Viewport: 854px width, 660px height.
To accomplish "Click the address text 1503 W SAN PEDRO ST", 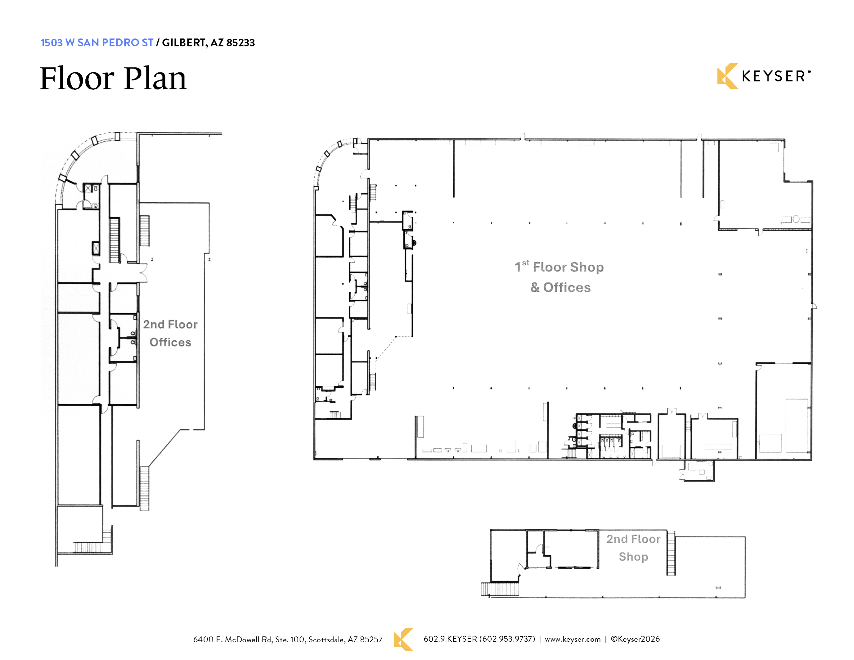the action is tap(97, 43).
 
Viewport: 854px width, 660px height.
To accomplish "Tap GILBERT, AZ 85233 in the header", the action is tap(208, 43).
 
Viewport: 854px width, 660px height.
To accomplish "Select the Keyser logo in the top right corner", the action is tap(764, 76).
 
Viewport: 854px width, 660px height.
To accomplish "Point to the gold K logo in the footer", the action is tap(403, 640).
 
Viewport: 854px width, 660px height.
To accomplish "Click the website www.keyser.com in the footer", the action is tap(572, 639).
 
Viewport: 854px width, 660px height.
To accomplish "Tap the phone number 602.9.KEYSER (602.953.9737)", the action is tap(479, 639).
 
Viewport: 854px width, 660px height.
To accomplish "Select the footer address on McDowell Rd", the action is tap(288, 640).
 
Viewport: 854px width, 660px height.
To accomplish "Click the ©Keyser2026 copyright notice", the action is tap(635, 639).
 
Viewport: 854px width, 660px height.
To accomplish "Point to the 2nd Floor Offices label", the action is tap(170, 333).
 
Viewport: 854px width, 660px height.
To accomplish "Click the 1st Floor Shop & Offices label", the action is tap(559, 277).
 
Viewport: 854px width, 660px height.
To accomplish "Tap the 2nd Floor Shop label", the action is tap(633, 548).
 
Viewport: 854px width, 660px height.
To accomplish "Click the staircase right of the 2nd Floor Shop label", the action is tap(671, 553).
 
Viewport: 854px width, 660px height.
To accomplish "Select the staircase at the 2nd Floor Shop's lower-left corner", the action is tap(500, 589).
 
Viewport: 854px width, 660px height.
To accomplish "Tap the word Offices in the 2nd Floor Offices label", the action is tap(170, 342).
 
